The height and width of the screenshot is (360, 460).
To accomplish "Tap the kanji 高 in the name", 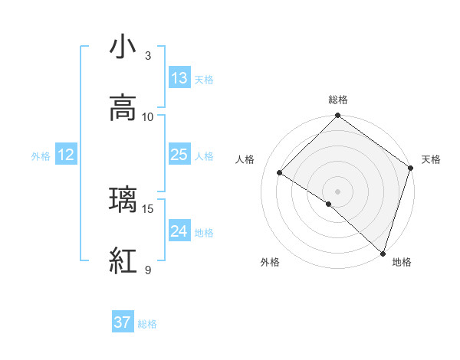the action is pyautogui.click(x=123, y=109).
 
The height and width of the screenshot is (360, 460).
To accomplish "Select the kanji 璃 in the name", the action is pyautogui.click(x=123, y=201).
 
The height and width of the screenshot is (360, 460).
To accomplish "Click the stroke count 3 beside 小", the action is pyautogui.click(x=148, y=56).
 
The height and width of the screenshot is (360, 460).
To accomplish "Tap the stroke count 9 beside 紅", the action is pyautogui.click(x=148, y=270).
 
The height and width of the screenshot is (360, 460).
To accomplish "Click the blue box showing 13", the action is pyautogui.click(x=179, y=78).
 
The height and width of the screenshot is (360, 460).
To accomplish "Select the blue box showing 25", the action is pyautogui.click(x=179, y=155).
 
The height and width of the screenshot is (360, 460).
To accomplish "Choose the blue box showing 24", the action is pyautogui.click(x=179, y=231).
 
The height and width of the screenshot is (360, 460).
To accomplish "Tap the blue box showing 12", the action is pyautogui.click(x=66, y=155).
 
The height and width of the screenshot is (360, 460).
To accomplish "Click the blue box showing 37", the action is pyautogui.click(x=123, y=323).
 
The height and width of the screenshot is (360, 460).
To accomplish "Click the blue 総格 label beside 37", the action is pyautogui.click(x=147, y=324).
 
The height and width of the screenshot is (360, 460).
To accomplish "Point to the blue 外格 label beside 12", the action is pyautogui.click(x=41, y=155).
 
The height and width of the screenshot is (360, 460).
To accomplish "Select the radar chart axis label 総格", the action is pyautogui.click(x=337, y=100).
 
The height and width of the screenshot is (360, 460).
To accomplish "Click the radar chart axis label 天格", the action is pyautogui.click(x=431, y=159).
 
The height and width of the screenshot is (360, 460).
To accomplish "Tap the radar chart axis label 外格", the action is pyautogui.click(x=270, y=262).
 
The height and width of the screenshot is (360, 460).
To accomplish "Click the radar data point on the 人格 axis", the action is pyautogui.click(x=280, y=173).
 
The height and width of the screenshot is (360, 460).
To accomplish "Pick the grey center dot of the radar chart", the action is pyautogui.click(x=337, y=191).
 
